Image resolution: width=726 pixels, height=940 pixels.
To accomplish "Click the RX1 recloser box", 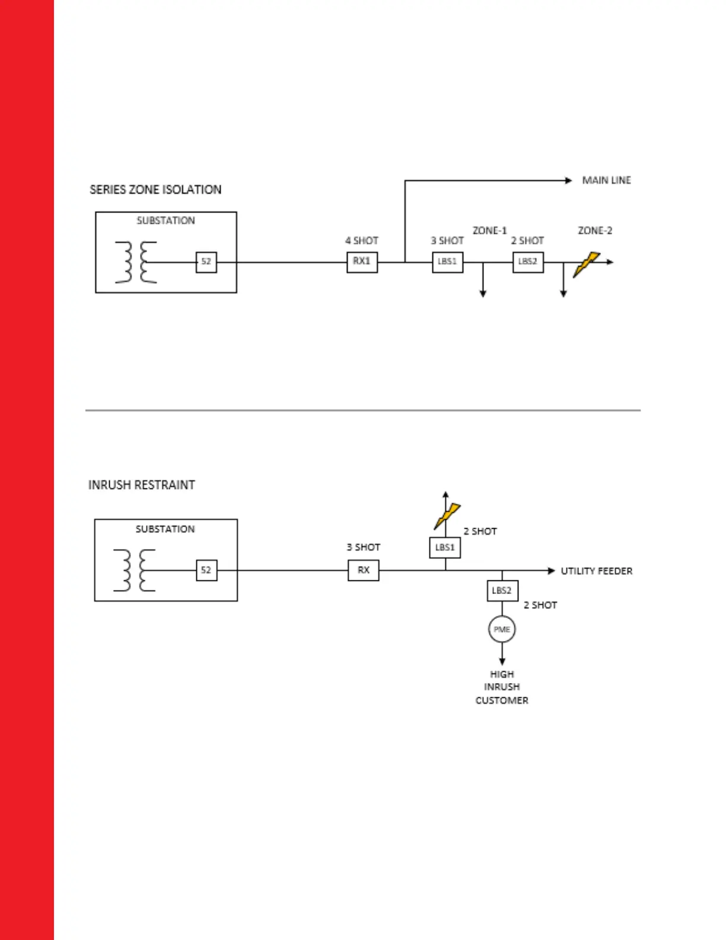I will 362,262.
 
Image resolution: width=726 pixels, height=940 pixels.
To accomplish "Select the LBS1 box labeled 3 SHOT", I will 447,262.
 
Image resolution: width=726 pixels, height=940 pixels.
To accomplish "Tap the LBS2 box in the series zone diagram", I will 528,262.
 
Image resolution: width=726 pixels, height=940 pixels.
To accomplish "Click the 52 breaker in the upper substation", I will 206,262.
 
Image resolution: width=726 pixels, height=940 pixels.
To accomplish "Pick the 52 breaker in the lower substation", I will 206,570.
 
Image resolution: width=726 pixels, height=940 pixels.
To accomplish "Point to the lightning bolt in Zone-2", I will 586,265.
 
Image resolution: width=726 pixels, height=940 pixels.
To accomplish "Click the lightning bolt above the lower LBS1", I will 447,516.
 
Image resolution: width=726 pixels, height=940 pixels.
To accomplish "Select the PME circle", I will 502,630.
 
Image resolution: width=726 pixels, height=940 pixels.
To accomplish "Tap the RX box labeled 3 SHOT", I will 364,570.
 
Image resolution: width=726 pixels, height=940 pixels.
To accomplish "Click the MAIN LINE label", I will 606,180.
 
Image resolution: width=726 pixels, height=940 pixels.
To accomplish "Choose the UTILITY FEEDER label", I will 596,571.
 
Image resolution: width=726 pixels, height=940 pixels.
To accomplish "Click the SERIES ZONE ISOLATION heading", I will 155,190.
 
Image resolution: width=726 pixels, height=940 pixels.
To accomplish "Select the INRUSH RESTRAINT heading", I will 142,485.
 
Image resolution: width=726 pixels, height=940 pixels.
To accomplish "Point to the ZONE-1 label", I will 489,230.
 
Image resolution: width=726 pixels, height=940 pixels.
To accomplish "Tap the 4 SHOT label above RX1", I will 362,240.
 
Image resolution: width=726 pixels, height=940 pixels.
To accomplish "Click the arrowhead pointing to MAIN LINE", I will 568,180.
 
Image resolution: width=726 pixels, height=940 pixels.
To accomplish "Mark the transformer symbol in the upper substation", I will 136,262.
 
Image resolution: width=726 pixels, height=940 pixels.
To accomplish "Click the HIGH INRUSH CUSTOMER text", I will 502,687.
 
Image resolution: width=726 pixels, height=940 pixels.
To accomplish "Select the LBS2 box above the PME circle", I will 502,590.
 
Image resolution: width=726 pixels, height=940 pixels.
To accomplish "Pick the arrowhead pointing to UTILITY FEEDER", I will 552,571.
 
